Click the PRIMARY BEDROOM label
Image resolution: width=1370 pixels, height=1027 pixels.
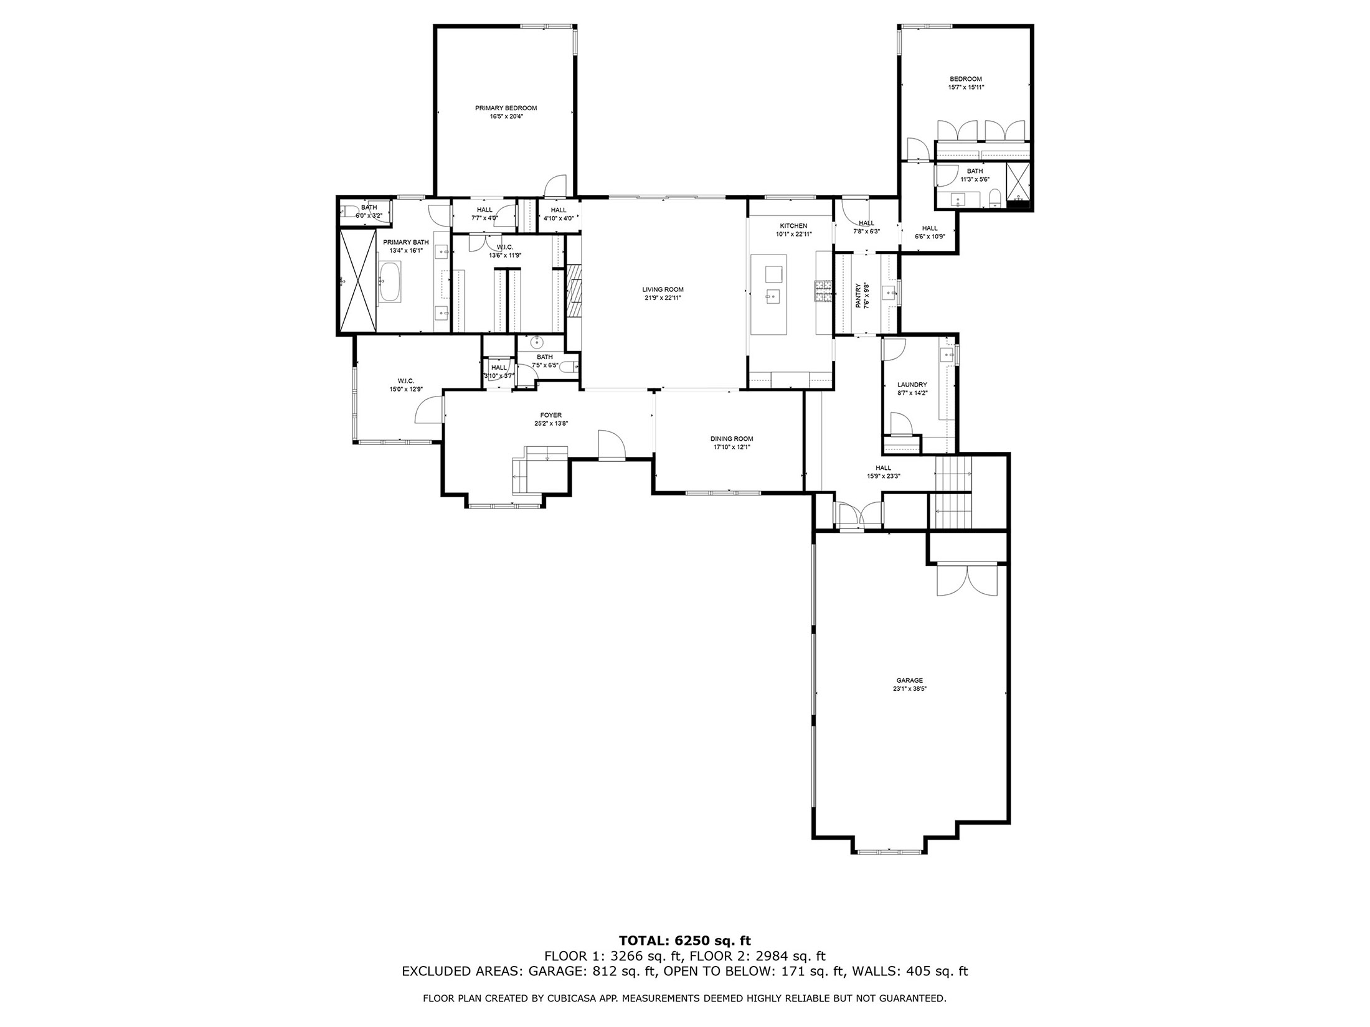point(506,108)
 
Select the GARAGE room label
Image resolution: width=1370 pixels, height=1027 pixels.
point(909,680)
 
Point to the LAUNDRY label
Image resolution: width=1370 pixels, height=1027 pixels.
point(912,385)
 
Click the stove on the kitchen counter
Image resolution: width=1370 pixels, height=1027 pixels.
point(823,292)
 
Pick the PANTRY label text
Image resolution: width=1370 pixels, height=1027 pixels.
point(859,296)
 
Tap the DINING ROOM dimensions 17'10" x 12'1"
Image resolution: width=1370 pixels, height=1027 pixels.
point(732,447)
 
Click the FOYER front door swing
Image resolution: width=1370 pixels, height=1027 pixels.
point(610,444)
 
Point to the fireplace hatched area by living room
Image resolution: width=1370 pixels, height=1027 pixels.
point(574,291)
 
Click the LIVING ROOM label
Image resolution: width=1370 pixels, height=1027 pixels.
point(663,289)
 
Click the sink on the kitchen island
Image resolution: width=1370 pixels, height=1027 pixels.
point(772,297)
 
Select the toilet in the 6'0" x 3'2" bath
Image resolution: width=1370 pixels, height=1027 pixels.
point(349,210)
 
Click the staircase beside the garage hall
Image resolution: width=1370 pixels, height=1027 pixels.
point(953,492)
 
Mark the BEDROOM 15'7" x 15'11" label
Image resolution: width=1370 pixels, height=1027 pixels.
point(965,83)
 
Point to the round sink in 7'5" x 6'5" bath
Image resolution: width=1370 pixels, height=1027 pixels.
point(537,342)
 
